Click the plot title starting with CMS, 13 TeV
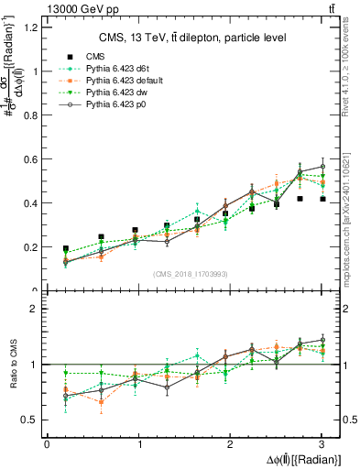(193, 38)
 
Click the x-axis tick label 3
(322, 443)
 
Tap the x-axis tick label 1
(138, 443)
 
